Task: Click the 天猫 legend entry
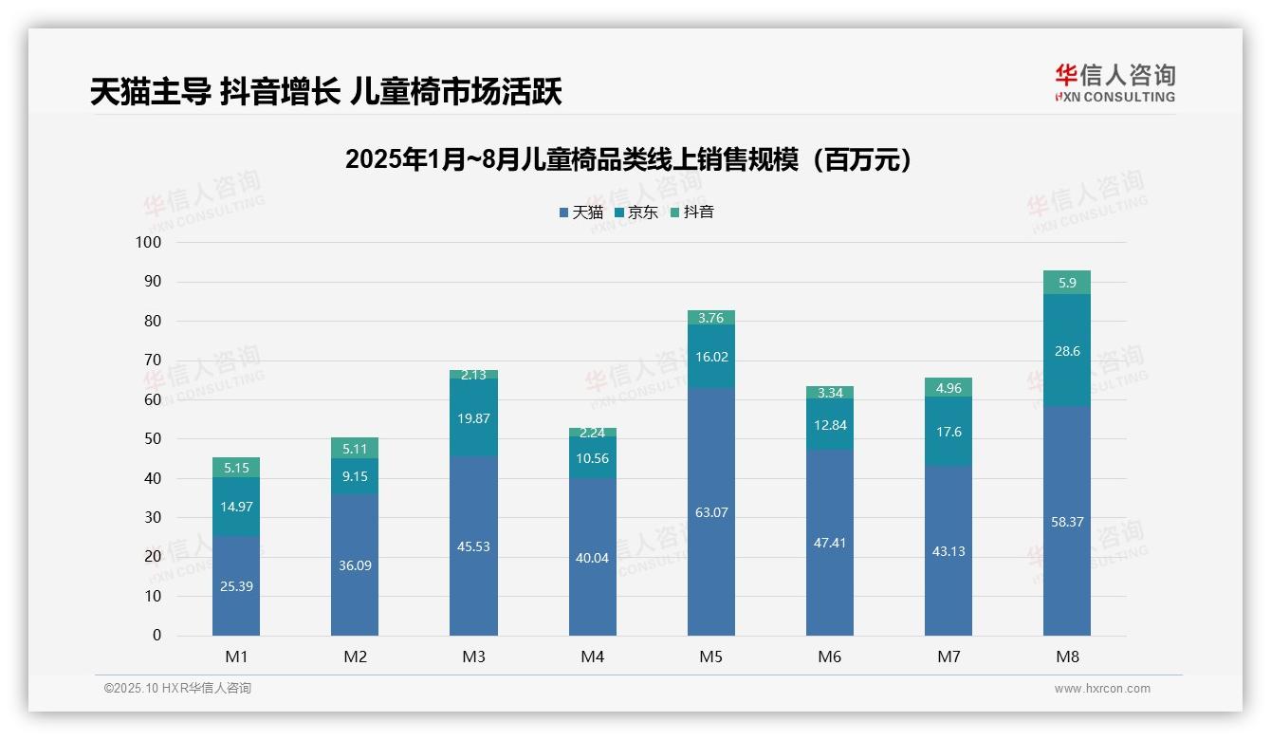tap(580, 213)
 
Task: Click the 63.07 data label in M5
tap(711, 512)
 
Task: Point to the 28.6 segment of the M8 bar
tap(1067, 351)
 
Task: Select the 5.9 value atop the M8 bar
tap(1067, 283)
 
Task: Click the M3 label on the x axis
tap(473, 657)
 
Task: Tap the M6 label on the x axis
tap(830, 657)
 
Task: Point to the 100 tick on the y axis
tap(149, 242)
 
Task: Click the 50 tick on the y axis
tap(153, 439)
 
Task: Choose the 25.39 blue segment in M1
tap(236, 586)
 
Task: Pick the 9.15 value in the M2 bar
tap(355, 476)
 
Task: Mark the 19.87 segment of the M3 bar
tap(473, 417)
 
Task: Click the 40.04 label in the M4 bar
tap(593, 558)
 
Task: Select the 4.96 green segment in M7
tap(949, 387)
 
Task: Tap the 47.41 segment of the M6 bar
tap(830, 543)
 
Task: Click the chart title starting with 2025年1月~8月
tap(628, 159)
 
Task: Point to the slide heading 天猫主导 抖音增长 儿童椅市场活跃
tap(325, 92)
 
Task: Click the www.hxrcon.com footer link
tap(1102, 689)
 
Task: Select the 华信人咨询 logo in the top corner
tap(1114, 83)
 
